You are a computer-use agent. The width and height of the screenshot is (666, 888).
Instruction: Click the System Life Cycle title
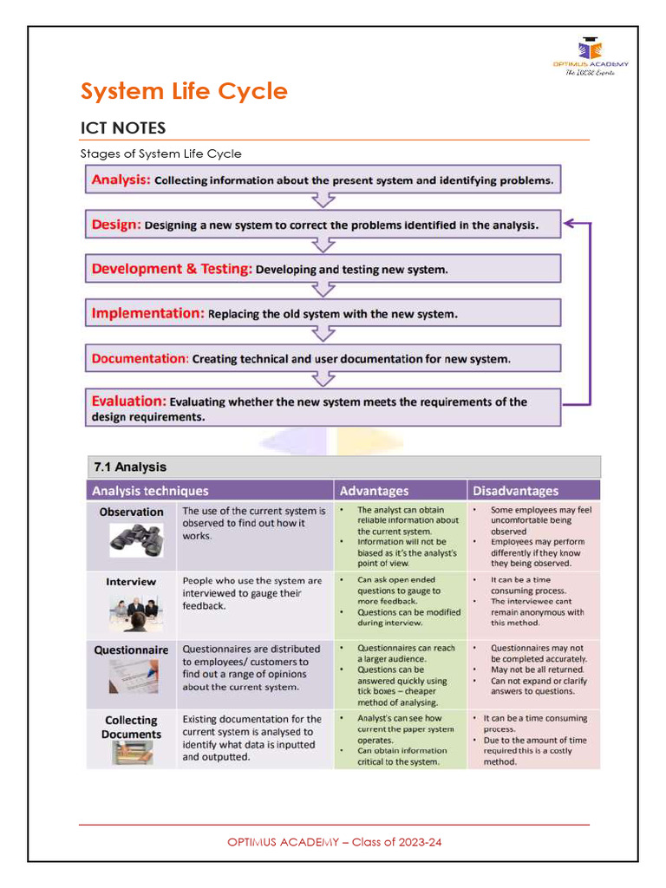184,91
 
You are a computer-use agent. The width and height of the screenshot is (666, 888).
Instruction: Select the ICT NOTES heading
122,128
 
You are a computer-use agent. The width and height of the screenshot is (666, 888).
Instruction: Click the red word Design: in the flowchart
116,225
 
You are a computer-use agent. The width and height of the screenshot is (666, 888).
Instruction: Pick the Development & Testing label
172,269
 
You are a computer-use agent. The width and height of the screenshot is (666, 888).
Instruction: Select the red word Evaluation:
128,402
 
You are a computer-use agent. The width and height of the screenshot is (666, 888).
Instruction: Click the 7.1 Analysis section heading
129,467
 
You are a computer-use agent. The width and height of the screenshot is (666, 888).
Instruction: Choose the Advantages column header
374,491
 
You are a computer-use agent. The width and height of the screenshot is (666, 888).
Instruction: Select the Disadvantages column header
515,491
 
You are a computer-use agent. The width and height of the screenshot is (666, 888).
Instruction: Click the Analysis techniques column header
150,491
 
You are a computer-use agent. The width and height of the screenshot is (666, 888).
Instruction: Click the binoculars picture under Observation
135,540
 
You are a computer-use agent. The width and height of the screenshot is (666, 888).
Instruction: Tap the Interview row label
131,582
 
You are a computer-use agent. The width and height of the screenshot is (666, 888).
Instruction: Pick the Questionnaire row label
131,650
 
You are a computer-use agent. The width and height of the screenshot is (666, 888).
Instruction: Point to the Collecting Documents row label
131,727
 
